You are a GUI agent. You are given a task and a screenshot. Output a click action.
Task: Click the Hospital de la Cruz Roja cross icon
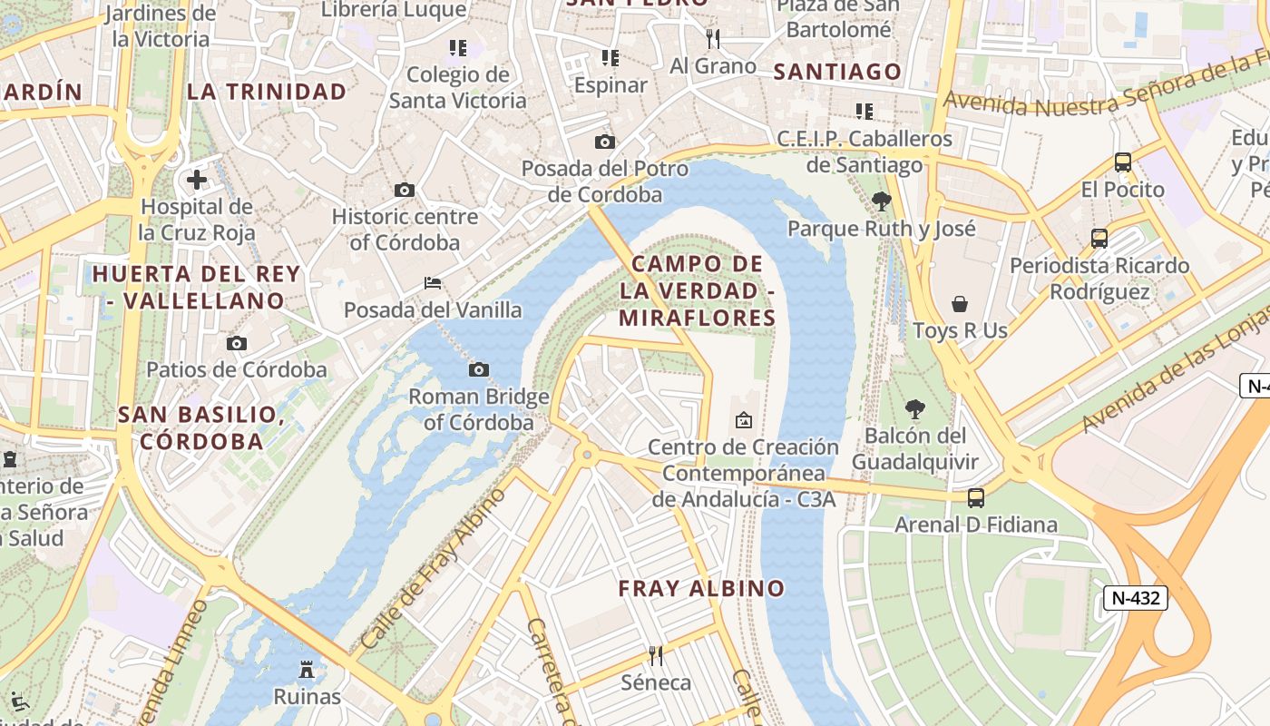pyautogui.click(x=197, y=180)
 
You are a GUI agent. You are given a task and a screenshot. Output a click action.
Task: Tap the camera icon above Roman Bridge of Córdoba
pyautogui.click(x=479, y=369)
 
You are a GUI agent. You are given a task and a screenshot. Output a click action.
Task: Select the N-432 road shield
pyautogui.click(x=1135, y=598)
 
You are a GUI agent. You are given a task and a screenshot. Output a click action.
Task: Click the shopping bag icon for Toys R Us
pyautogui.click(x=960, y=303)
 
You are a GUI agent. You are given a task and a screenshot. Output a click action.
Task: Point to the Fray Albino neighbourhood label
pyautogui.click(x=701, y=588)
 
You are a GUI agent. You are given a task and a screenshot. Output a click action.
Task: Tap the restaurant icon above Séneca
pyautogui.click(x=656, y=655)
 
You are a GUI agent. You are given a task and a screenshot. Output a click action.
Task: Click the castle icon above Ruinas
pyautogui.click(x=307, y=670)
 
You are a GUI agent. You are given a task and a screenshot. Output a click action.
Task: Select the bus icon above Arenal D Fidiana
pyautogui.click(x=976, y=497)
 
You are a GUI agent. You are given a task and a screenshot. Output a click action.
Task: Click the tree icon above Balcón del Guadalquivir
pyautogui.click(x=915, y=409)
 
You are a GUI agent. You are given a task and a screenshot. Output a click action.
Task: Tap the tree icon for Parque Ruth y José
pyautogui.click(x=881, y=201)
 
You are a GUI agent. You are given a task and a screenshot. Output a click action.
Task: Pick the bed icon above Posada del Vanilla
pyautogui.click(x=433, y=283)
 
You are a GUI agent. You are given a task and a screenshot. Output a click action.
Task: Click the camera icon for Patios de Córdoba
pyautogui.click(x=237, y=343)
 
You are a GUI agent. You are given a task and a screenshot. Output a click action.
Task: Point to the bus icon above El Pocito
pyautogui.click(x=1122, y=162)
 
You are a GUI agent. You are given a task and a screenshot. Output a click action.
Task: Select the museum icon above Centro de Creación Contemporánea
pyautogui.click(x=744, y=420)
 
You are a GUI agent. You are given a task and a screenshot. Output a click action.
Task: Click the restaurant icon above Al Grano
pyautogui.click(x=713, y=38)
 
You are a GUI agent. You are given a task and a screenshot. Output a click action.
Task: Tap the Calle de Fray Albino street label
pyautogui.click(x=434, y=570)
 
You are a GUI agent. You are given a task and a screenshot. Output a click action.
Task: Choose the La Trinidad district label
pyautogui.click(x=267, y=92)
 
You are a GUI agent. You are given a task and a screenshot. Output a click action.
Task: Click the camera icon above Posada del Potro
pyautogui.click(x=605, y=142)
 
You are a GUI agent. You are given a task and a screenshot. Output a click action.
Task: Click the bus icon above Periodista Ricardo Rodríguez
pyautogui.click(x=1099, y=239)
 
